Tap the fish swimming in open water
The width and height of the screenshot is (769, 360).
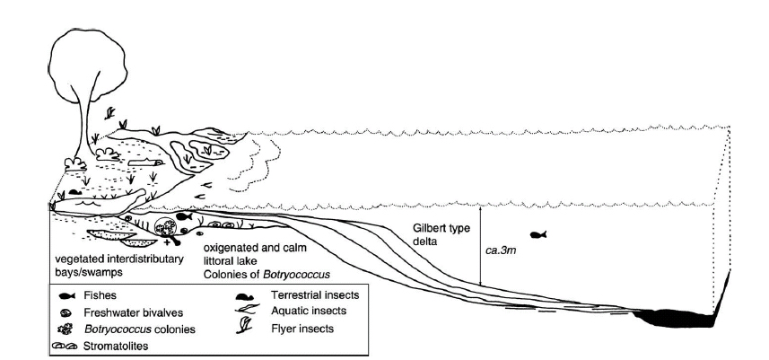pyautogui.click(x=537, y=235)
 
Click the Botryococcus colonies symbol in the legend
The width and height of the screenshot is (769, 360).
pyautogui.click(x=66, y=329)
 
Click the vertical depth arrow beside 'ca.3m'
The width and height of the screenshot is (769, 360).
pyautogui.click(x=481, y=247)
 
